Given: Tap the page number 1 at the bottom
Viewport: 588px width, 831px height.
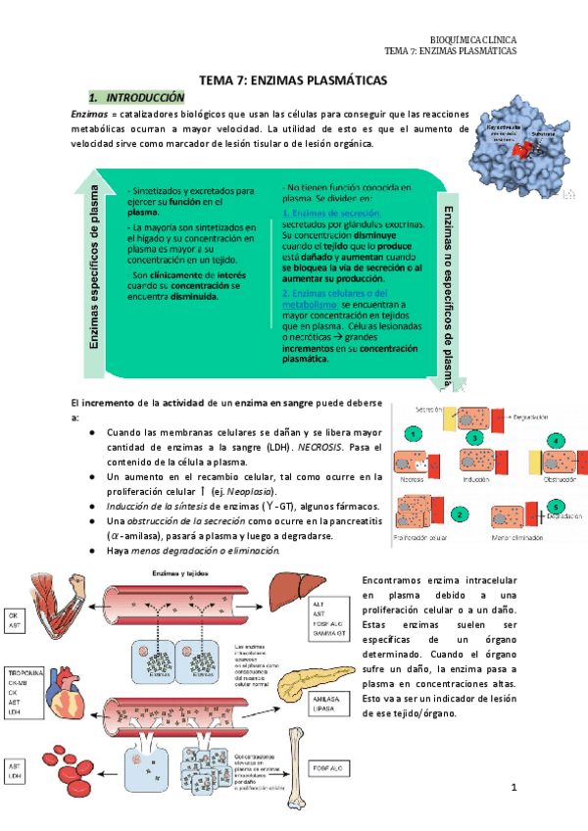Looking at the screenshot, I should [x=513, y=788].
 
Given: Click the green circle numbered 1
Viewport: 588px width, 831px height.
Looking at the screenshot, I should [x=416, y=434].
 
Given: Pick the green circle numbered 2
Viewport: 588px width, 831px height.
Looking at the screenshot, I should [x=459, y=513].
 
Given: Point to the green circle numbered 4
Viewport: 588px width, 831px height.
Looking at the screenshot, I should [x=557, y=441].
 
